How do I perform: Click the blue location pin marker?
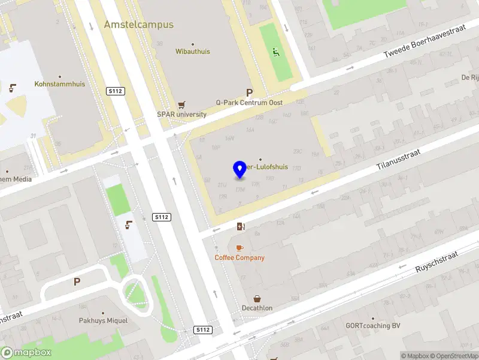pos(240,170)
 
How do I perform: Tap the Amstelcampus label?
pos(138,25)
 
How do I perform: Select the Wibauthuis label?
pos(192,52)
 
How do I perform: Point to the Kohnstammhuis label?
pos(60,84)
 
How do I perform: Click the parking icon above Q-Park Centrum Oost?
pos(249,93)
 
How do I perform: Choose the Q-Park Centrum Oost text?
pos(250,103)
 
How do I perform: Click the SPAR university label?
pos(181,115)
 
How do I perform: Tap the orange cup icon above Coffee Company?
pos(239,248)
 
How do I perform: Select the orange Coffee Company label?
pos(239,258)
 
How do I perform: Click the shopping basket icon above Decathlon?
pos(257,298)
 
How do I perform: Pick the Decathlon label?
pos(257,308)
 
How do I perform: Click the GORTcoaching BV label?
pos(372,326)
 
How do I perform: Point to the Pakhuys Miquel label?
pos(104,320)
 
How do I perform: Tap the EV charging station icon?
pos(241,226)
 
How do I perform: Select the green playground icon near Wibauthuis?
pos(276,52)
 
